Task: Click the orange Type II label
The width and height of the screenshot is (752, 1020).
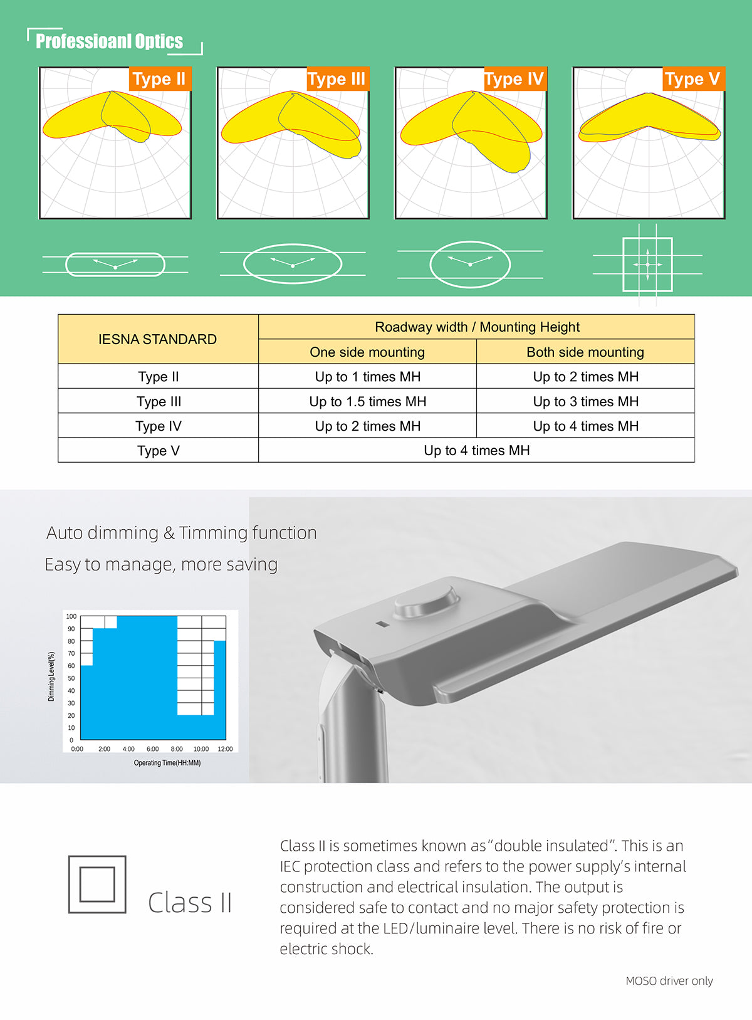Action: [159, 79]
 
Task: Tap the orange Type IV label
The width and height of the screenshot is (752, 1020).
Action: [515, 79]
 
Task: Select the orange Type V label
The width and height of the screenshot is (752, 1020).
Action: [693, 79]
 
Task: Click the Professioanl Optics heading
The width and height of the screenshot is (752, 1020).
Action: [109, 41]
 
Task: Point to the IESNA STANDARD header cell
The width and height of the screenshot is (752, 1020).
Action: [158, 339]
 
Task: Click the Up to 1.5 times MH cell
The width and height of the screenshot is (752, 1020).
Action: [367, 401]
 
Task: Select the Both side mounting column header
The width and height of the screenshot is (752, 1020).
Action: [585, 352]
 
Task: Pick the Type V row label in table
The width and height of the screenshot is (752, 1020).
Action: [158, 450]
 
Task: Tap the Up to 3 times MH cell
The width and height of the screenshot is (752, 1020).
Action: [585, 401]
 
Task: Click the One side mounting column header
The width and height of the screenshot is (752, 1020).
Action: [367, 352]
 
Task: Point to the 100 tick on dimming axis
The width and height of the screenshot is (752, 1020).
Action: [71, 616]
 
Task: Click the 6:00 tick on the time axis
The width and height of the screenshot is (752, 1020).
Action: [152, 749]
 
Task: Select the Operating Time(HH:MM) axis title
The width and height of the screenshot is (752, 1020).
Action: [167, 763]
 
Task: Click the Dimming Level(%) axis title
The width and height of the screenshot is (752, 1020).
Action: [51, 676]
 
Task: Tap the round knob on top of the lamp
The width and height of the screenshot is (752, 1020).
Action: [426, 598]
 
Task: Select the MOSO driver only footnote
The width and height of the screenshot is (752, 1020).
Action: [669, 981]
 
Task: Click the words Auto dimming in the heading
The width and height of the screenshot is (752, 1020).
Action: [102, 533]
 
